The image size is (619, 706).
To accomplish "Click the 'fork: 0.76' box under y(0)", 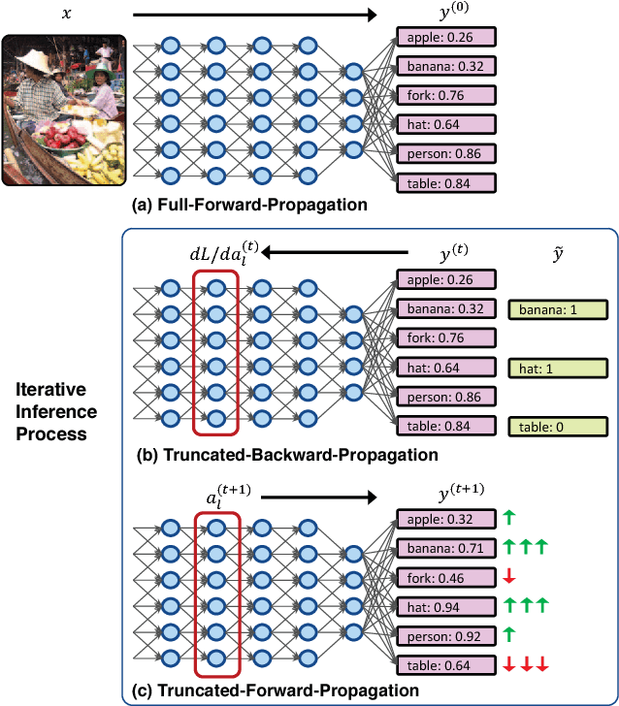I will point(445,96).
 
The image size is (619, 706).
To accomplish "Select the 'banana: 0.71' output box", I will point(445,547).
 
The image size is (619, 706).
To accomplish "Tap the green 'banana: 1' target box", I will point(557,310).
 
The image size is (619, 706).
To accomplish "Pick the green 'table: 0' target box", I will point(557,427).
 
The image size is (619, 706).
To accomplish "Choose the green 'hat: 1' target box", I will point(557,369).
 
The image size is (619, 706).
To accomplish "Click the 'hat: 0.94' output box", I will point(445,605).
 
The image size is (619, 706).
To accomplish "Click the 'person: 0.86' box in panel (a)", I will point(445,154).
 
